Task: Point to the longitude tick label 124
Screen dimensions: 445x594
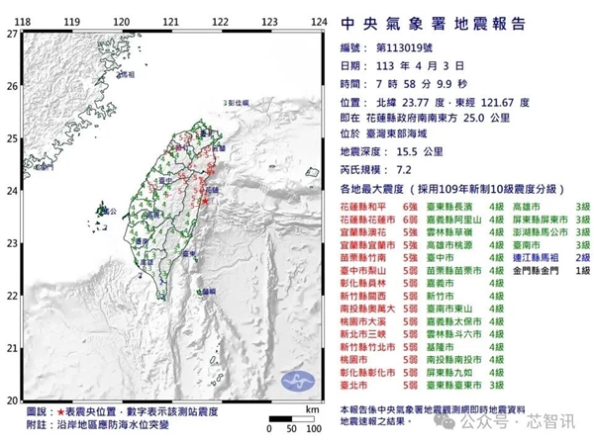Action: pos(320,21)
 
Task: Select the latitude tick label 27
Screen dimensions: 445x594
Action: pos(11,33)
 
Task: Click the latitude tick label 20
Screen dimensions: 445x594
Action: pos(11,400)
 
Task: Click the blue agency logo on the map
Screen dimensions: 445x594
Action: pos(296,382)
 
